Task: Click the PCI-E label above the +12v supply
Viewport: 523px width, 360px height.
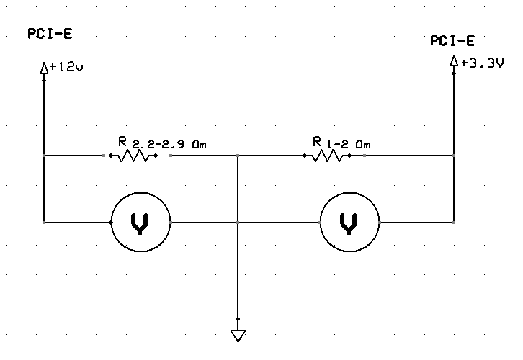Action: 50,34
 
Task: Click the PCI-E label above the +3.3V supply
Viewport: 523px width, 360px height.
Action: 452,40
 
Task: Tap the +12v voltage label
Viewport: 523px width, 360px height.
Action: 66,67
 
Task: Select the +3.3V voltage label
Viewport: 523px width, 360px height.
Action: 482,63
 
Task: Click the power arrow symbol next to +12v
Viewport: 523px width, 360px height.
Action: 44,68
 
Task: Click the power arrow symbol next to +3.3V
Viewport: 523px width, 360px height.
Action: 453,60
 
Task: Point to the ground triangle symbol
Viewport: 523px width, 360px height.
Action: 238,336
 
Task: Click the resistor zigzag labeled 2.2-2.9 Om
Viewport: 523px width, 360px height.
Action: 133,156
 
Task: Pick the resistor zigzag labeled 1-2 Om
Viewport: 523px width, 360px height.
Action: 327,156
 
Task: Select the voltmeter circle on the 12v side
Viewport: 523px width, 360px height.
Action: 140,193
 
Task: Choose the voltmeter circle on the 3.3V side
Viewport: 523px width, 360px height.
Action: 349,193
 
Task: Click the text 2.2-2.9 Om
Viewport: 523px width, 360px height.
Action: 169,144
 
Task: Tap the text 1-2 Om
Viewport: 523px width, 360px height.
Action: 349,144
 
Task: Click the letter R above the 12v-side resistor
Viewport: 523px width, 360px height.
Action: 122,141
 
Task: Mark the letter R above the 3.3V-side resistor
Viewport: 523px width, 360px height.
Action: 317,141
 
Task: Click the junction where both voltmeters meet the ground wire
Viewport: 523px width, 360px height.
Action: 238,222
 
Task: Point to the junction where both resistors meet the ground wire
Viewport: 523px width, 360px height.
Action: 238,156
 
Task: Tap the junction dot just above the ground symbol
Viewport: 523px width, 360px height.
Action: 238,319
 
